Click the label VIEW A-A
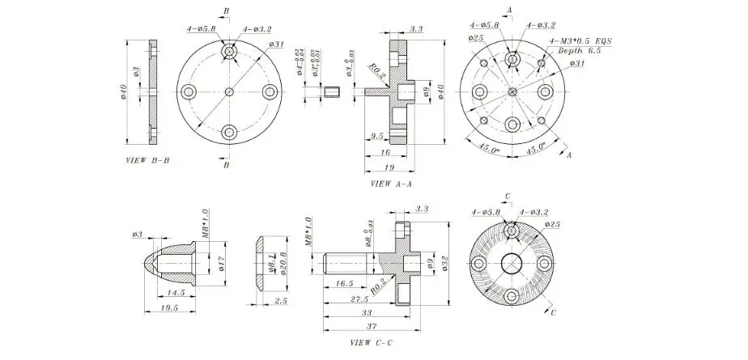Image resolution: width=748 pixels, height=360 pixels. [391, 184]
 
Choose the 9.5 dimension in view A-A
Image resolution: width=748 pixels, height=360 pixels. [376, 136]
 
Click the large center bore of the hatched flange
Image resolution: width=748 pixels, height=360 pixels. [512, 264]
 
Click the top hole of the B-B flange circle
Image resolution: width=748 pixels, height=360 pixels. [230, 53]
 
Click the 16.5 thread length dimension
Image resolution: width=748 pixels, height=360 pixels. [342, 284]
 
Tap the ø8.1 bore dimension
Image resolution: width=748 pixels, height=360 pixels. [271, 263]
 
